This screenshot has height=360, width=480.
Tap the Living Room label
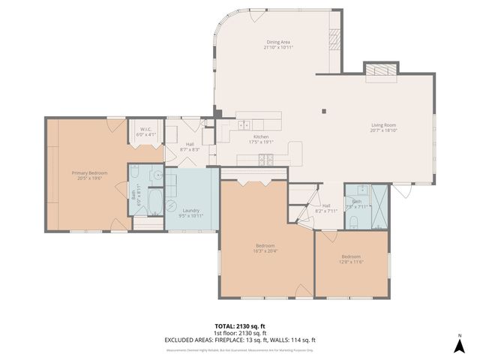coord(383,125)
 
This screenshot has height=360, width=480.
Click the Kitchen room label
coord(260,136)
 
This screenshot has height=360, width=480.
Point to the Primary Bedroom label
coord(89,173)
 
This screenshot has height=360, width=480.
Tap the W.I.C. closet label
coord(145,129)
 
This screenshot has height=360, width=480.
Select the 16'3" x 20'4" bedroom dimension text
coord(264,251)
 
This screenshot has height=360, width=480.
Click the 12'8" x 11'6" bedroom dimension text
coord(351,261)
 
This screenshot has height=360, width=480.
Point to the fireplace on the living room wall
coord(382,70)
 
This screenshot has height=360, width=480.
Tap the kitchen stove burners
coord(266,158)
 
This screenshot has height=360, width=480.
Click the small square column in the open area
coord(324,112)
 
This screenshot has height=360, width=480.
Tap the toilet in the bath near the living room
coord(352,220)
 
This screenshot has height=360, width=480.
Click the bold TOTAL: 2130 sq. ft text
coord(240,326)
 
